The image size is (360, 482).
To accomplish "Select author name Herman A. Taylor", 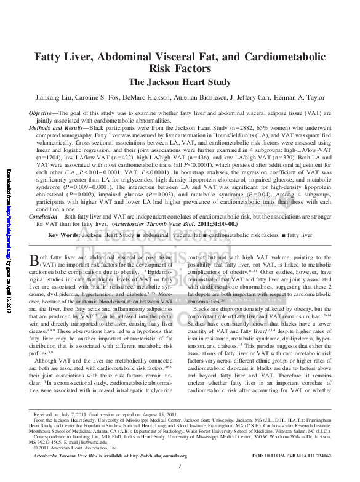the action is (x=308, y=98).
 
